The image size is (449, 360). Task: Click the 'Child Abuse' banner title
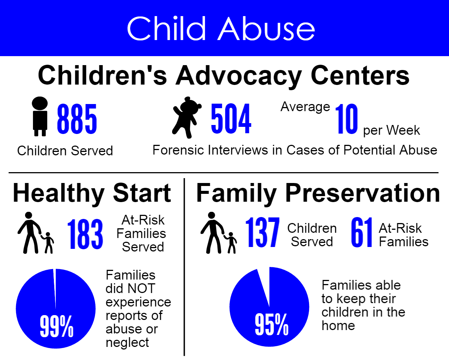[221, 28]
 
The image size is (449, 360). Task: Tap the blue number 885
[77, 119]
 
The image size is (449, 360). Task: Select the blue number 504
[231, 119]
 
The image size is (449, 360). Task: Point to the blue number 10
[346, 119]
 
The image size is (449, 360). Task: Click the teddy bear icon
[187, 117]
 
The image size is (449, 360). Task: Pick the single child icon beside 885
[40, 116]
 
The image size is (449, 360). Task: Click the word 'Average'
[305, 107]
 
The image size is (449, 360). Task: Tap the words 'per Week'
[392, 131]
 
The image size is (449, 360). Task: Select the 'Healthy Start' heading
[92, 193]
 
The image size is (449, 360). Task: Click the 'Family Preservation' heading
[318, 193]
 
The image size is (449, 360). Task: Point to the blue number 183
[85, 234]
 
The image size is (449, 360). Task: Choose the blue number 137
[262, 232]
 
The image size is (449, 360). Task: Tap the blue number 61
[361, 232]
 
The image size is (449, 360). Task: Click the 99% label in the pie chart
[56, 326]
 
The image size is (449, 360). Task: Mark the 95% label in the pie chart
[271, 325]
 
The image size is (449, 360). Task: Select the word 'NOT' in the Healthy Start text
[141, 289]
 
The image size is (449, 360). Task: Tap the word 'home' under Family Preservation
[338, 326]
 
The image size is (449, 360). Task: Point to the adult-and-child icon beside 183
[36, 233]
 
